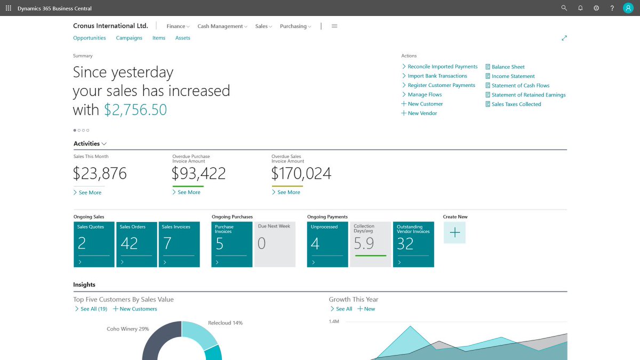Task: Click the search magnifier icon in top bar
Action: [564, 8]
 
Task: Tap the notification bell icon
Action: [580, 8]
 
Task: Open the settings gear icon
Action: [596, 8]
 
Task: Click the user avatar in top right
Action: [628, 8]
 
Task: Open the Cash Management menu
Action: [222, 26]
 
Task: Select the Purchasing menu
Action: [295, 26]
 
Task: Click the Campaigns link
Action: [129, 38]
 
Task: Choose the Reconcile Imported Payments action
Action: [442, 67]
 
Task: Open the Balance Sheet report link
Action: [508, 67]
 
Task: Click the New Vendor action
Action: [422, 113]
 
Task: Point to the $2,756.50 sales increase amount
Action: [135, 110]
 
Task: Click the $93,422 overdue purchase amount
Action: [198, 173]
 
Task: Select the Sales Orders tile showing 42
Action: [137, 244]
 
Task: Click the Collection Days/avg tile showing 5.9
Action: [370, 244]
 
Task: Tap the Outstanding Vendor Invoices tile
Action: [413, 244]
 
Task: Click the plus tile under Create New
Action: [454, 233]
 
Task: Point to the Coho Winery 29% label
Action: [128, 329]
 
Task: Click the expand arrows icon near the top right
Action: [564, 38]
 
